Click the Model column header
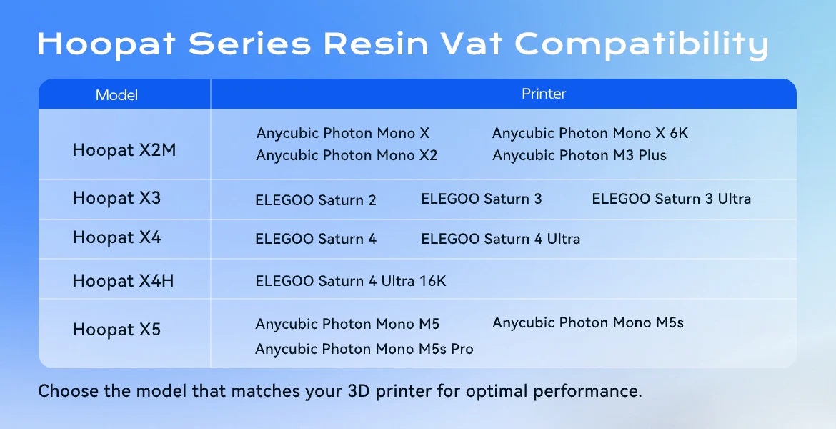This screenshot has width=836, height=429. pos(116,95)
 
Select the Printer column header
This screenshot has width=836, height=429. pos(543,94)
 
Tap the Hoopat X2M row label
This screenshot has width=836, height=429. pos(124,150)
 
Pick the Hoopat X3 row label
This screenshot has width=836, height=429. pos(116,198)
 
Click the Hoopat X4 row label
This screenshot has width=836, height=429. pos(116,237)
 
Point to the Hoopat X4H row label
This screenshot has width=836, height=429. pos(123,281)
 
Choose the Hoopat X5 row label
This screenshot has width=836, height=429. pos(116,329)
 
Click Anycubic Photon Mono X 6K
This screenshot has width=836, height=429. pos(590,134)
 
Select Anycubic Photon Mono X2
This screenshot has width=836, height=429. pos(347,155)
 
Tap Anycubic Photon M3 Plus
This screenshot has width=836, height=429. pos(579,155)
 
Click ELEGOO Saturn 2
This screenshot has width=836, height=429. pos(316,200)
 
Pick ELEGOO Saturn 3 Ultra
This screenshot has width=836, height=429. pos(671,199)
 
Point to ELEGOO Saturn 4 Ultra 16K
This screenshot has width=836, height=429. pos(351,281)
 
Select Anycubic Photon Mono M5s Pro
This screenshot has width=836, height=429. pos(364,349)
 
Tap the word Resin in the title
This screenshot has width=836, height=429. pos(376,44)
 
